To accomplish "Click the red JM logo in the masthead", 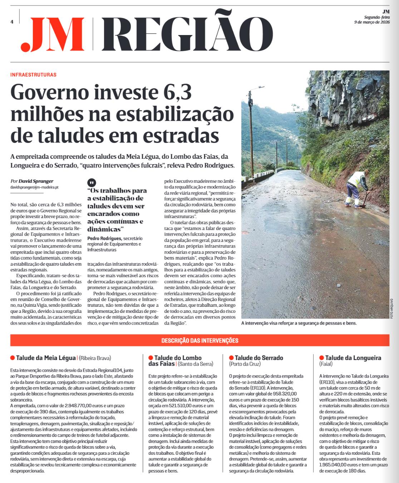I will coord(53,35).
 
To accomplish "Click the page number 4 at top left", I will coord(12,21).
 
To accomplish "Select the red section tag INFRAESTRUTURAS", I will coord(34,75).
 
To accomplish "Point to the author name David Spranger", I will coord(36,181).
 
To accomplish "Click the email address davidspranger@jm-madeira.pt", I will coord(34,187).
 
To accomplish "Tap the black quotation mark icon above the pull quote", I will coord(92,182).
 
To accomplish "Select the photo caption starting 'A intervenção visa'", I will coord(299,323).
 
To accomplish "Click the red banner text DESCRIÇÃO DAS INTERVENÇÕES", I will coord(199,340).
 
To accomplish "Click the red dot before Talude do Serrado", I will coord(231,358).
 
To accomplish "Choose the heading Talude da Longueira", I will coord(353,358).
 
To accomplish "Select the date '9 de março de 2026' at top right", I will coord(371,22).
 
